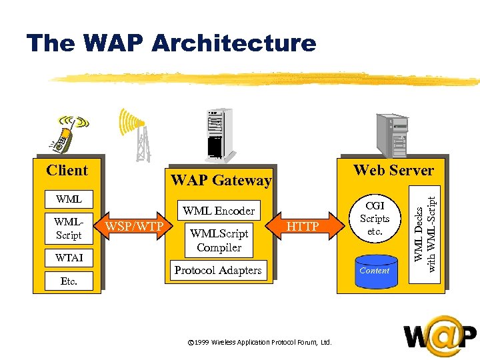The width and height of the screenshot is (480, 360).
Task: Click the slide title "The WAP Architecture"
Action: pyautogui.click(x=171, y=43)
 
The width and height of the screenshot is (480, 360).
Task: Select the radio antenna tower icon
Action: pyautogui.click(x=136, y=135)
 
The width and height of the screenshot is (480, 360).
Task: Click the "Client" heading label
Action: pyautogui.click(x=67, y=171)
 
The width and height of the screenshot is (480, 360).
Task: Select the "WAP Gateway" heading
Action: pyautogui.click(x=221, y=180)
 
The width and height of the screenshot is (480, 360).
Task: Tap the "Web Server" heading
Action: pyautogui.click(x=393, y=170)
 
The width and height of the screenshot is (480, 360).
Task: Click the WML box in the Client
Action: pyautogui.click(x=69, y=199)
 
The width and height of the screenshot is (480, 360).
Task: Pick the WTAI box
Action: pyautogui.click(x=69, y=257)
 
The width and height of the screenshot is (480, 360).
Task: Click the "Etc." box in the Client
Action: pyautogui.click(x=69, y=281)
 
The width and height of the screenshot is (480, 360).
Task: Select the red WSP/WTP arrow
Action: pyautogui.click(x=133, y=227)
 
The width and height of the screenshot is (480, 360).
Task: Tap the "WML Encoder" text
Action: pyautogui.click(x=219, y=211)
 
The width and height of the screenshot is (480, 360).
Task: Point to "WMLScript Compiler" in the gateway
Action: pyautogui.click(x=219, y=240)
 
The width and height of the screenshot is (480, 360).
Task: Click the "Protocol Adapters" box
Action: pyautogui.click(x=219, y=270)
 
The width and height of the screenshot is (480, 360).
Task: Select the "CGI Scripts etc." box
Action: pyautogui.click(x=374, y=219)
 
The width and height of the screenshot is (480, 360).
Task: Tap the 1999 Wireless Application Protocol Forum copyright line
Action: pyautogui.click(x=259, y=342)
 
